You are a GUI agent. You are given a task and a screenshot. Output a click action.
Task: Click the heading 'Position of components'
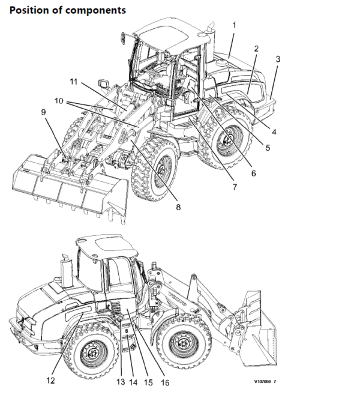pos(68,10)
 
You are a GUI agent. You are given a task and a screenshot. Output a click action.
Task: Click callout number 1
pos(234,25)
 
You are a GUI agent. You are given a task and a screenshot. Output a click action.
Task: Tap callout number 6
pos(253,173)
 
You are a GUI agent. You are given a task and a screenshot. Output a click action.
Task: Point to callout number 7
pos(234,187)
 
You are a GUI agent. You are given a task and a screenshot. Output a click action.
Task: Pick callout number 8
pos(178,207)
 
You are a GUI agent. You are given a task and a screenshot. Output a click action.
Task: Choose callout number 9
pos(43,111)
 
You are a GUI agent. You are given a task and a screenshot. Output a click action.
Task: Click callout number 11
pos(73,81)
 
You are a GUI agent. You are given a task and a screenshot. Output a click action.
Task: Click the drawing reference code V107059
pos(266,381)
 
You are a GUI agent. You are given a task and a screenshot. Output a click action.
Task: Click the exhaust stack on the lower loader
pos(65,273)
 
